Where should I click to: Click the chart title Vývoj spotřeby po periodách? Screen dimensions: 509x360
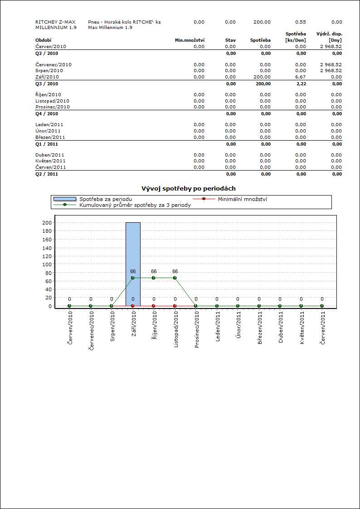point(189,188)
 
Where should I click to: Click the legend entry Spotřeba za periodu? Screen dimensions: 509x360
point(106,199)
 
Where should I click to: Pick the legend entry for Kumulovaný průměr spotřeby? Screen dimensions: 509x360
point(135,205)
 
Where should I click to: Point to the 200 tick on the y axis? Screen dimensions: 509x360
point(47,223)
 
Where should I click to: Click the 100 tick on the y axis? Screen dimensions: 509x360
point(47,264)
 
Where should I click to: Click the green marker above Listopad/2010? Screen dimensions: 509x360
point(175,278)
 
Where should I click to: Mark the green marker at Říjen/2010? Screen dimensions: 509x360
point(154,278)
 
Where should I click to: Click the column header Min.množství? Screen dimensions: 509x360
point(190,40)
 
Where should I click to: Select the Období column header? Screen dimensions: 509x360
point(43,40)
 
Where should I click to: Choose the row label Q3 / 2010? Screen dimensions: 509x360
point(47,84)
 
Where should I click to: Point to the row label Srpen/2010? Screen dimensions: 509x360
point(49,71)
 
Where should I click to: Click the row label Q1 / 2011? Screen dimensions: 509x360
point(47,144)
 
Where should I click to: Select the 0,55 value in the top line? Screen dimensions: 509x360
point(301,22)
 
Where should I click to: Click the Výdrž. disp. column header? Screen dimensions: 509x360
point(329,34)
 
